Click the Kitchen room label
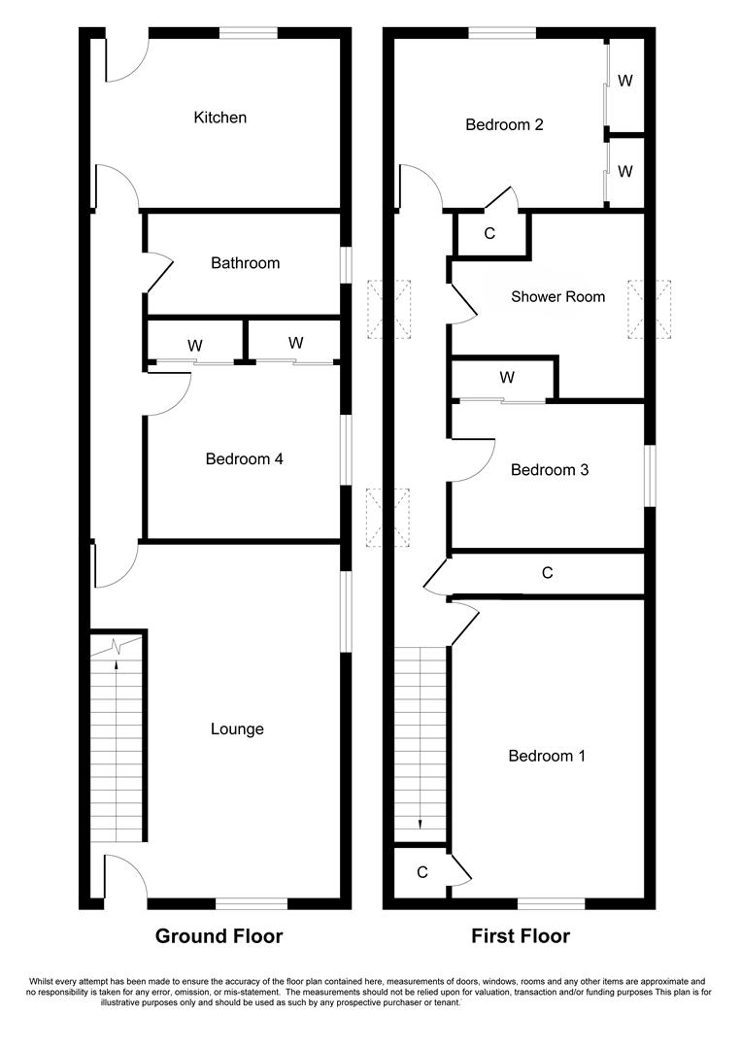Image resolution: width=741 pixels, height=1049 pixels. pos(220,118)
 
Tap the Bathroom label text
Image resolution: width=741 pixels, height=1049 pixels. pos(245,263)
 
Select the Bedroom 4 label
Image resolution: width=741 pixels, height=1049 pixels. pos(244,459)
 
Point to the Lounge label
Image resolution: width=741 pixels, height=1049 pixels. pos(237,729)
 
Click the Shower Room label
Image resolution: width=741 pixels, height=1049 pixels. pos(557,297)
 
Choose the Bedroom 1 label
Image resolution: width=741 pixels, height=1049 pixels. pos(547,756)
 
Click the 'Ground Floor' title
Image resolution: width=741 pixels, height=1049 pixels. pos(219,936)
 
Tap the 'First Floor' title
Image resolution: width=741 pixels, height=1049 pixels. pos(521,936)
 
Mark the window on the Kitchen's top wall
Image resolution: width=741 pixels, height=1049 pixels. pos(248,34)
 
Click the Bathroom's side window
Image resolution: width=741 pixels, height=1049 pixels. pos(345,264)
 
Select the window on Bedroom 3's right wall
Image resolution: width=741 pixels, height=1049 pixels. pos(650,475)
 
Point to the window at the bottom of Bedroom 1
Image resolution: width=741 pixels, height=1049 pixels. pos(551,903)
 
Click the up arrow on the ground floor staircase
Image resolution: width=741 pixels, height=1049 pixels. pos(117,665)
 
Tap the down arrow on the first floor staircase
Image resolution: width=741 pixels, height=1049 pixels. pos(421,823)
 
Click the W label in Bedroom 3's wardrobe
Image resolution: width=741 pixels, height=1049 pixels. pos(506,378)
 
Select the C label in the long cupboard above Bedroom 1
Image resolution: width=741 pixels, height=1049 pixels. pos(548,574)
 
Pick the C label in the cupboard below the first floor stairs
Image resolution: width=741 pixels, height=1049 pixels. pos(421,872)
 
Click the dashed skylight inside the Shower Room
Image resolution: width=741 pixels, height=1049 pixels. pos(650,310)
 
